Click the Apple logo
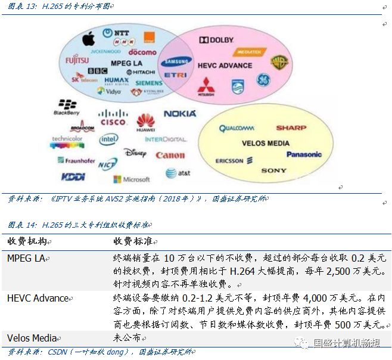[x=89, y=39]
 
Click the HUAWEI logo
[x=146, y=123]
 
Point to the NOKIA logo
[x=180, y=113]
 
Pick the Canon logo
[x=170, y=156]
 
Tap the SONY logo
[x=273, y=171]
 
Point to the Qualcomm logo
[x=237, y=128]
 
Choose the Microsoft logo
[x=132, y=179]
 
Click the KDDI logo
[x=73, y=177]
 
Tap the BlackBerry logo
[x=67, y=107]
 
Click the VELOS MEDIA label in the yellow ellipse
[x=266, y=144]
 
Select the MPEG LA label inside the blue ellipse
[x=126, y=63]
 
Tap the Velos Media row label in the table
[x=32, y=338]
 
